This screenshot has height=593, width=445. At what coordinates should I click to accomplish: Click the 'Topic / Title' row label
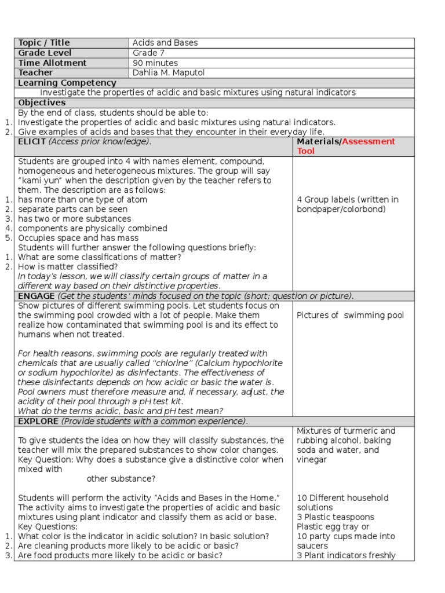(x=44, y=43)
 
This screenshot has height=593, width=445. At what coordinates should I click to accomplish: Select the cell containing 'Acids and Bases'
(x=165, y=43)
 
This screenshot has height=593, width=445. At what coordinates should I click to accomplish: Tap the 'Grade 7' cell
(x=148, y=53)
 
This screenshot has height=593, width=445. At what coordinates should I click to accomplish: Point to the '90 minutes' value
(x=155, y=63)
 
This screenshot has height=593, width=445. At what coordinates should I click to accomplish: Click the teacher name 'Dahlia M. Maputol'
(x=169, y=72)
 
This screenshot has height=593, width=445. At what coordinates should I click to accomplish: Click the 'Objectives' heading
(x=42, y=103)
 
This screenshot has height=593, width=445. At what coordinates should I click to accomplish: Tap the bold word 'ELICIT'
(x=32, y=141)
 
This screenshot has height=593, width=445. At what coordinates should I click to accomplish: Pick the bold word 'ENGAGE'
(x=36, y=296)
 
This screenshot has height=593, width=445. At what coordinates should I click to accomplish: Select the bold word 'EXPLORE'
(x=38, y=421)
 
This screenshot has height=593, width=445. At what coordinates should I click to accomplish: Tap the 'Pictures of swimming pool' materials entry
(x=350, y=316)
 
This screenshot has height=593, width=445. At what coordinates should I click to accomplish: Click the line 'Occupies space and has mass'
(x=78, y=238)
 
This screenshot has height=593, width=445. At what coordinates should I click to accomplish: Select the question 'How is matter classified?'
(x=68, y=267)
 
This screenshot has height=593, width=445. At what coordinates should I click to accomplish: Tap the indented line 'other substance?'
(x=121, y=479)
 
